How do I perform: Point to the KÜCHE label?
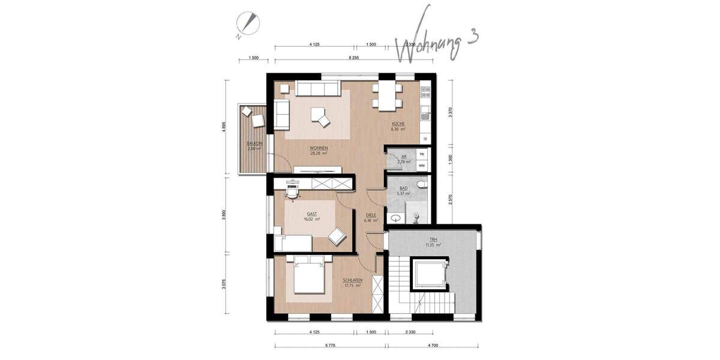398,124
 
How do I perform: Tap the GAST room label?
311,214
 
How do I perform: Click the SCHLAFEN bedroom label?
352,281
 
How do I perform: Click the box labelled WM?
421,165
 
